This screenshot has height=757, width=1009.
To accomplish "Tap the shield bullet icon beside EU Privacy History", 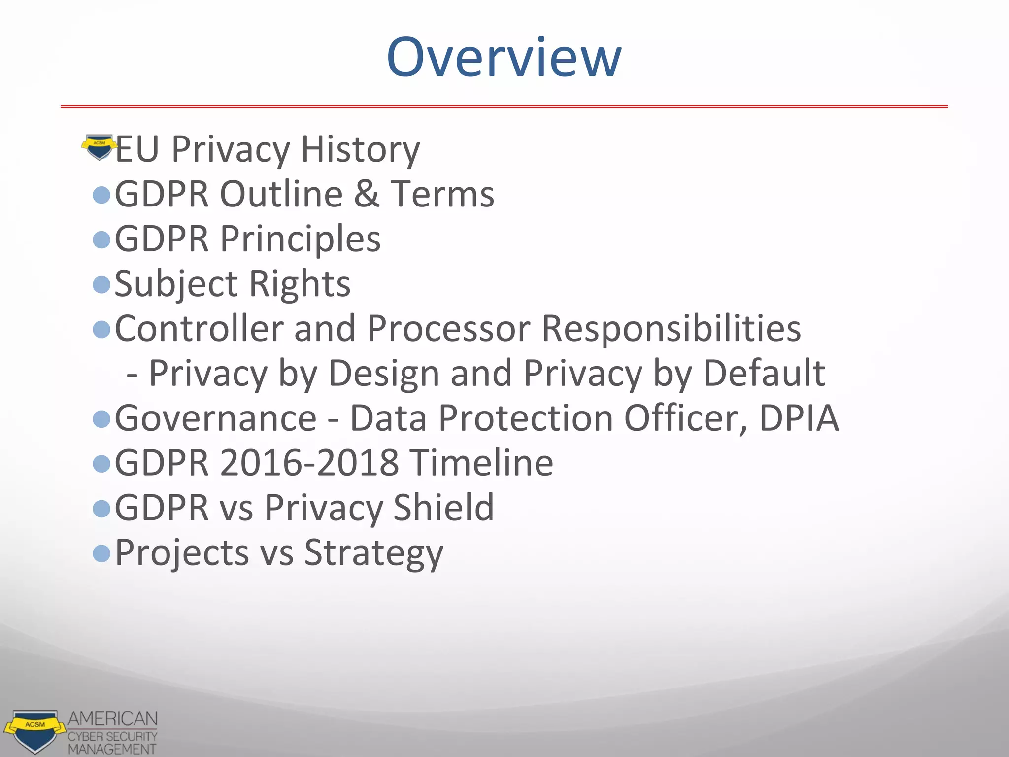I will point(99,147).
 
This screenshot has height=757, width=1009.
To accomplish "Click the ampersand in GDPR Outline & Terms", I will point(367,194).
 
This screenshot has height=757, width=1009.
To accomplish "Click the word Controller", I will point(199,328).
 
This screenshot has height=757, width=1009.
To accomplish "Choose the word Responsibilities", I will point(671,328).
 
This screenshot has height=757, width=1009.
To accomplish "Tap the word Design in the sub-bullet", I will point(383,373).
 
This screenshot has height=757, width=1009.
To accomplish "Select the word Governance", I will point(216,418).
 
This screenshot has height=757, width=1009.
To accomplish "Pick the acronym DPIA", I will point(798,418).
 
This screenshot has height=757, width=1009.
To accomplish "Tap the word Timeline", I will point(482,463).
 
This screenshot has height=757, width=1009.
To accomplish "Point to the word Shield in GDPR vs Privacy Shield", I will point(443,508).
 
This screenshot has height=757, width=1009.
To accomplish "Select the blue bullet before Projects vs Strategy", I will point(101,553).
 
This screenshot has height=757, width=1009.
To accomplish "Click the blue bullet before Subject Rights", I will point(101,284).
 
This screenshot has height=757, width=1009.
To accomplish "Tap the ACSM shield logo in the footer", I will point(34,730).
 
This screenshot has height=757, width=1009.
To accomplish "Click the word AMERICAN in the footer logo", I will point(113,719).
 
